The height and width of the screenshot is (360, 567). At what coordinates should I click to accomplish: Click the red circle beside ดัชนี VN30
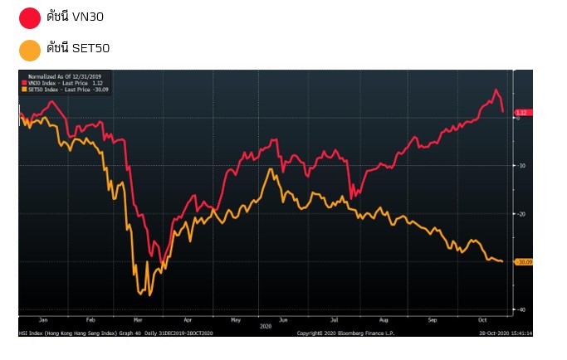pyautogui.click(x=29, y=17)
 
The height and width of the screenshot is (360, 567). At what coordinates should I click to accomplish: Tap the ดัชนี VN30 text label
pyautogui.click(x=75, y=17)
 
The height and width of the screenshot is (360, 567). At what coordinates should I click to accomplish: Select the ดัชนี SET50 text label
pyautogui.click(x=78, y=49)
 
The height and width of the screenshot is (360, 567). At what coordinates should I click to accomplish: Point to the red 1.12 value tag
pyautogui.click(x=522, y=112)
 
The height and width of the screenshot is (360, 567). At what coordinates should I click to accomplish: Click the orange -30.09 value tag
pyautogui.click(x=523, y=262)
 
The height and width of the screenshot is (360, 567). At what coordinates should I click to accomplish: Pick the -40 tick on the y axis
pyautogui.click(x=521, y=309)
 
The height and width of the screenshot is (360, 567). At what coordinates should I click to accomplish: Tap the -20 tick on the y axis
pyautogui.click(x=521, y=214)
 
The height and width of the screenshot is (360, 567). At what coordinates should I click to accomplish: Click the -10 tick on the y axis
pyautogui.click(x=521, y=166)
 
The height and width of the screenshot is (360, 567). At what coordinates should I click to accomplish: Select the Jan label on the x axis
pyautogui.click(x=43, y=319)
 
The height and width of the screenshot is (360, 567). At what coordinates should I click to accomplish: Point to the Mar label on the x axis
pyautogui.click(x=139, y=319)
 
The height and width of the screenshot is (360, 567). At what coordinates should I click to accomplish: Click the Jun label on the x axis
pyautogui.click(x=284, y=319)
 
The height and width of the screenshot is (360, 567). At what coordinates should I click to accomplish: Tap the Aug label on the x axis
pyautogui.click(x=383, y=319)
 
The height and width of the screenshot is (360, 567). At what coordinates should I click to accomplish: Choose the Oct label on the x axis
pyautogui.click(x=481, y=319)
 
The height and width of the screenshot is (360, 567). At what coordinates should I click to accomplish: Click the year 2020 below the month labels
pyautogui.click(x=266, y=326)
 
